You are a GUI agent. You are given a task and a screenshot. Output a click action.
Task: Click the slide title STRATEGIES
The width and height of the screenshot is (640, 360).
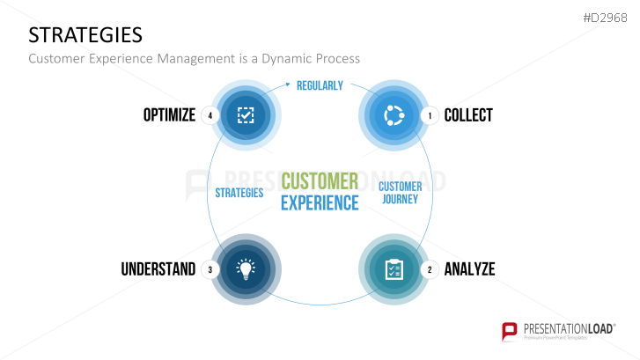pyautogui.click(x=85, y=34)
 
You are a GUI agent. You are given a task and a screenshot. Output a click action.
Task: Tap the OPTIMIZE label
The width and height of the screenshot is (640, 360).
pyautogui.click(x=169, y=114)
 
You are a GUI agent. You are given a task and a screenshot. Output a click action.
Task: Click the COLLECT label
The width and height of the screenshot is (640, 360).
pyautogui.click(x=468, y=114)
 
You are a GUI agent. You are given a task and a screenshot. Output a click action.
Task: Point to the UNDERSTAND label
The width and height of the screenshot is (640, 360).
pyautogui.click(x=158, y=269)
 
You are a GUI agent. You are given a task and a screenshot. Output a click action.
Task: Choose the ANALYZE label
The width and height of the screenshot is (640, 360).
pyautogui.click(x=469, y=269)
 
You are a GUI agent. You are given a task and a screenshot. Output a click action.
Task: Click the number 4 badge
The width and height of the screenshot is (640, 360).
pyautogui.click(x=210, y=115)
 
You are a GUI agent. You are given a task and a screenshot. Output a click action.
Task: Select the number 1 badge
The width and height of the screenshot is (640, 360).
pyautogui.click(x=430, y=115)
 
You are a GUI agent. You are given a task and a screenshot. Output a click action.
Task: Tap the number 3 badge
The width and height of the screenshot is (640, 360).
pyautogui.click(x=210, y=269)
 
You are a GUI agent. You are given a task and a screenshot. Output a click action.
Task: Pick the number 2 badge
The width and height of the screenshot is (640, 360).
pyautogui.click(x=430, y=269)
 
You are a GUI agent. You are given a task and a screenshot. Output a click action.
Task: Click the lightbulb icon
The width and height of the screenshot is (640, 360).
pyautogui.click(x=246, y=268)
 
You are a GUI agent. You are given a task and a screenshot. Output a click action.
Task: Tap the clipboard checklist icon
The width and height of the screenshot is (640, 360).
pyautogui.click(x=394, y=268)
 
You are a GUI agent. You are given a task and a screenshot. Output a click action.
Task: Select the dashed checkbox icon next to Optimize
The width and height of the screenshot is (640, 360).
pyautogui.click(x=246, y=114)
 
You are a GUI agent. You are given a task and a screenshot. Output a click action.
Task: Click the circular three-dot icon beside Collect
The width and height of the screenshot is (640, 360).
pyautogui.click(x=394, y=114)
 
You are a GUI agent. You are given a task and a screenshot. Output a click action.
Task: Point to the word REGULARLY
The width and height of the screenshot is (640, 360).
pyautogui.click(x=320, y=85)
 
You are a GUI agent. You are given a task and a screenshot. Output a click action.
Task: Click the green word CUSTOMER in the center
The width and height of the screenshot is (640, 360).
pyautogui.click(x=320, y=181)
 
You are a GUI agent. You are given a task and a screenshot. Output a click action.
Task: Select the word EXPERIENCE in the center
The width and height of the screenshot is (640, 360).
pyautogui.click(x=320, y=202)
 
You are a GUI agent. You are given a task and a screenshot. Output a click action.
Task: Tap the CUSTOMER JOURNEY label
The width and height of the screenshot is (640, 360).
pyautogui.click(x=400, y=193)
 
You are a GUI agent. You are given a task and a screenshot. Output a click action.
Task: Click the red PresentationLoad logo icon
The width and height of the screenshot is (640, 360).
pyautogui.click(x=510, y=331)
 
